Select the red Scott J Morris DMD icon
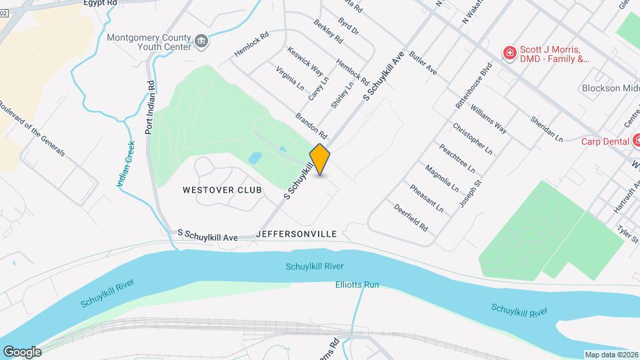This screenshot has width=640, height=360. [x=510, y=53]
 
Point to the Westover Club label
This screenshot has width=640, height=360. [x=213, y=190]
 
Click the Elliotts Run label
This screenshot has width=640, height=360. [x=357, y=285]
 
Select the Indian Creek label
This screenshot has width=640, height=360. [x=127, y=163]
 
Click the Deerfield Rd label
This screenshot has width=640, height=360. [x=411, y=217]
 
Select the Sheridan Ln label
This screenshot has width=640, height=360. [x=547, y=129]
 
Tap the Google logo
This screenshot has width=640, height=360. [x=22, y=351]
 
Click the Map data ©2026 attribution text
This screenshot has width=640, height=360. [x=610, y=354]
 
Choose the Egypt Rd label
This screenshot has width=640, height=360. [x=101, y=3]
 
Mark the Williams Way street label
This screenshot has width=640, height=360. [x=488, y=119]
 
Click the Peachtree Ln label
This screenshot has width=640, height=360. [x=457, y=157]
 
